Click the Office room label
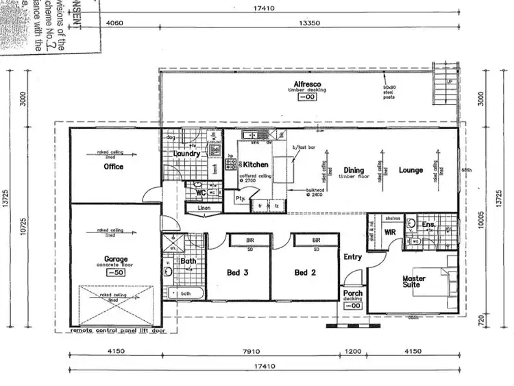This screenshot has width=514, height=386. tap(113, 167)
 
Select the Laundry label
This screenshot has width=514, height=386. tap(187, 154)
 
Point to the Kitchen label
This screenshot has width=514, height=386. tap(256, 165)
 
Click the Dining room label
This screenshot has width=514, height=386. tap(354, 170)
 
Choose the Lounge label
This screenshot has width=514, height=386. tap(411, 170)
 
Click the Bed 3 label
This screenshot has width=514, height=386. tap(237, 272)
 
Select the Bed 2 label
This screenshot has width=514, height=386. tap(305, 272)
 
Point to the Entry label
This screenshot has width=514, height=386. tap(352, 257)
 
